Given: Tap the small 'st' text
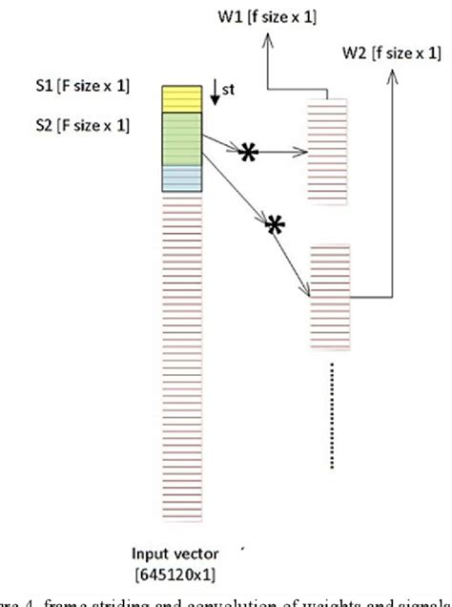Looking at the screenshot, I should pyautogui.click(x=229, y=92).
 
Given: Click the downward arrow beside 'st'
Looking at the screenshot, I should pyautogui.click(x=214, y=96).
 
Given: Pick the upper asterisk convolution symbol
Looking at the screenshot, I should pyautogui.click(x=248, y=153).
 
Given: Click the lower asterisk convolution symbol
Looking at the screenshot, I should pyautogui.click(x=276, y=225).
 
